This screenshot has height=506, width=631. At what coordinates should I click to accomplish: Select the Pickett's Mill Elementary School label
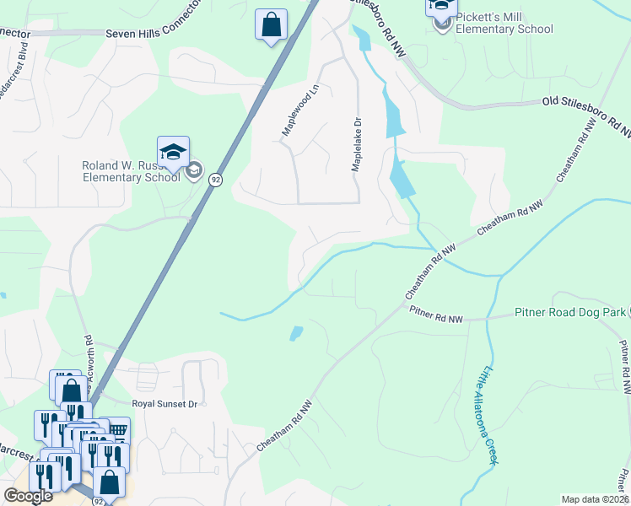(504, 23)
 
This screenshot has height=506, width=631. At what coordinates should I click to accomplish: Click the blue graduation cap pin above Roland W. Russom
(173, 153)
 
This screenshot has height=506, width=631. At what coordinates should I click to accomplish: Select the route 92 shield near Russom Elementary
(216, 180)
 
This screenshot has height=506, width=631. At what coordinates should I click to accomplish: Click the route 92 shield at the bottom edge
(100, 501)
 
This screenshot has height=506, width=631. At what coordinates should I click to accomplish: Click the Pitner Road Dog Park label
(569, 313)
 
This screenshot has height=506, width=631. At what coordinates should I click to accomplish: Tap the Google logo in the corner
(30, 496)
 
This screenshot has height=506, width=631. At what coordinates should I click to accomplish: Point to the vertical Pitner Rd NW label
(624, 368)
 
